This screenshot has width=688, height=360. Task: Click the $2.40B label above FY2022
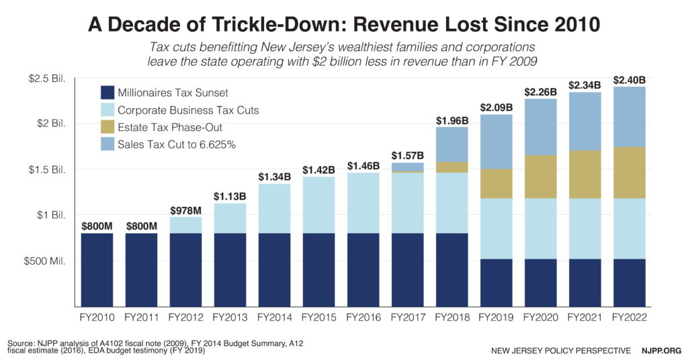630,80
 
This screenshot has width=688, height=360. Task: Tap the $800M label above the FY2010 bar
97,226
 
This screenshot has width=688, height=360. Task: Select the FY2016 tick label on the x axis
363,316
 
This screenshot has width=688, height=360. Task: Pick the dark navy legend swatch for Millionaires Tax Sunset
107,93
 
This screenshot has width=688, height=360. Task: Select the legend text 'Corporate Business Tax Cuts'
188,110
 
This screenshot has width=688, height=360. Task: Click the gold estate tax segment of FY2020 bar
540,177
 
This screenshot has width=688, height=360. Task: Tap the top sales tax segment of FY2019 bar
497,142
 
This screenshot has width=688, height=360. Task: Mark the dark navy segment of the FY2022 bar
630,282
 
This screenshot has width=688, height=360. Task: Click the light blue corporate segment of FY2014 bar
274,208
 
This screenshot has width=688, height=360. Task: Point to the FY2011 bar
141,269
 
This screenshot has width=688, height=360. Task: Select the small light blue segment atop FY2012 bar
185,225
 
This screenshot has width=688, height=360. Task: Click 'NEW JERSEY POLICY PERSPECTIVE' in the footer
560,351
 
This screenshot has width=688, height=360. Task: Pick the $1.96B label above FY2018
451,120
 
